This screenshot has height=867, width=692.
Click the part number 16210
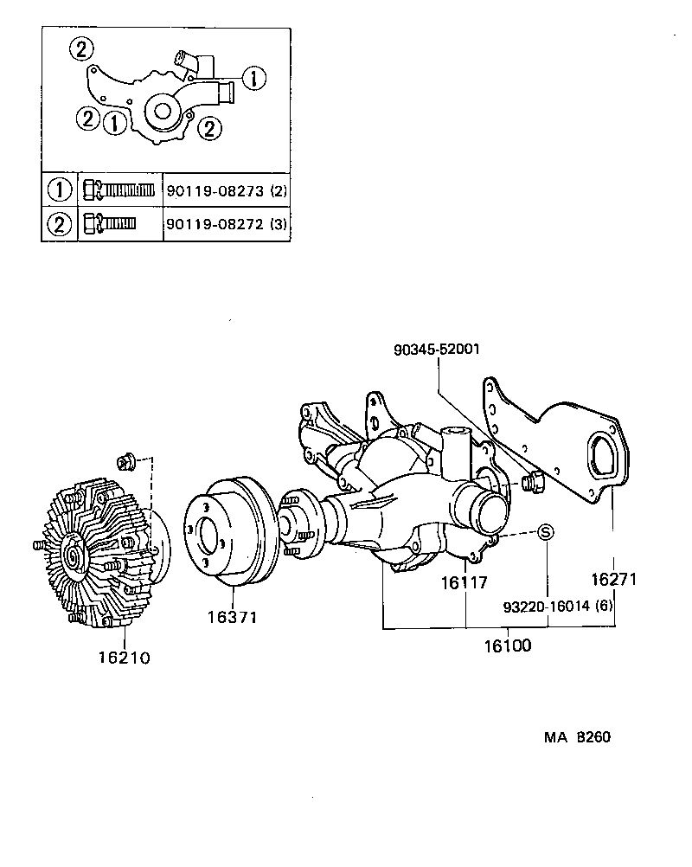pos(124,658)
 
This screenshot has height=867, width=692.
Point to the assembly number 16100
pos(508,645)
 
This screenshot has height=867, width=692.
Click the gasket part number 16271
pos(613,580)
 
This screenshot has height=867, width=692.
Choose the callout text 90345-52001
pos(436,350)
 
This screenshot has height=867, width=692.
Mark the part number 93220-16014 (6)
pos(558,606)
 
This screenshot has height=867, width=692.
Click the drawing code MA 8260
pos(578,738)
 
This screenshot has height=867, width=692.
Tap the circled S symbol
pos(547,532)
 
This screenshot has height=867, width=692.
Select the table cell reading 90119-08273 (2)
pos(226,189)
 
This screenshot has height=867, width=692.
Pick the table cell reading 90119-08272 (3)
pos(226,225)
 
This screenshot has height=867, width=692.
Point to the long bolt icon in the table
pos(119,189)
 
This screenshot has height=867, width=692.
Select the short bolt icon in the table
pos(110,225)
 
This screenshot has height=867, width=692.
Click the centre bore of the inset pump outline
pos(161,110)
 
